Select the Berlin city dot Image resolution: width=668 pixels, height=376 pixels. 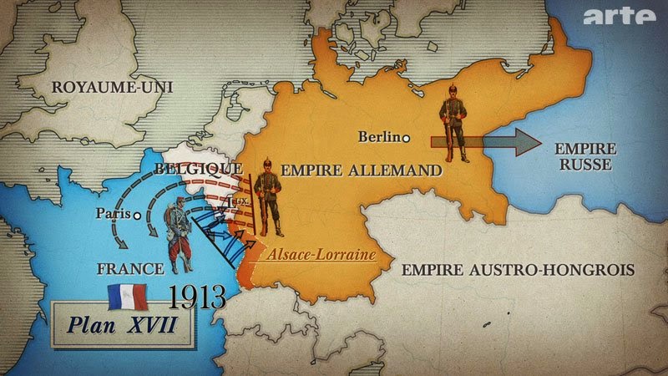tap(406, 138)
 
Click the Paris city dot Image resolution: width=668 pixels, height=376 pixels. tap(136, 214)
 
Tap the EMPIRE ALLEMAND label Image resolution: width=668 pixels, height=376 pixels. tap(361, 170)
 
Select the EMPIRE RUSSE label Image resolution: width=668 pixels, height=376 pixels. tap(585, 156)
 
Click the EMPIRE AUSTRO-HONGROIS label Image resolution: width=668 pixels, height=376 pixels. tap(518, 270)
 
